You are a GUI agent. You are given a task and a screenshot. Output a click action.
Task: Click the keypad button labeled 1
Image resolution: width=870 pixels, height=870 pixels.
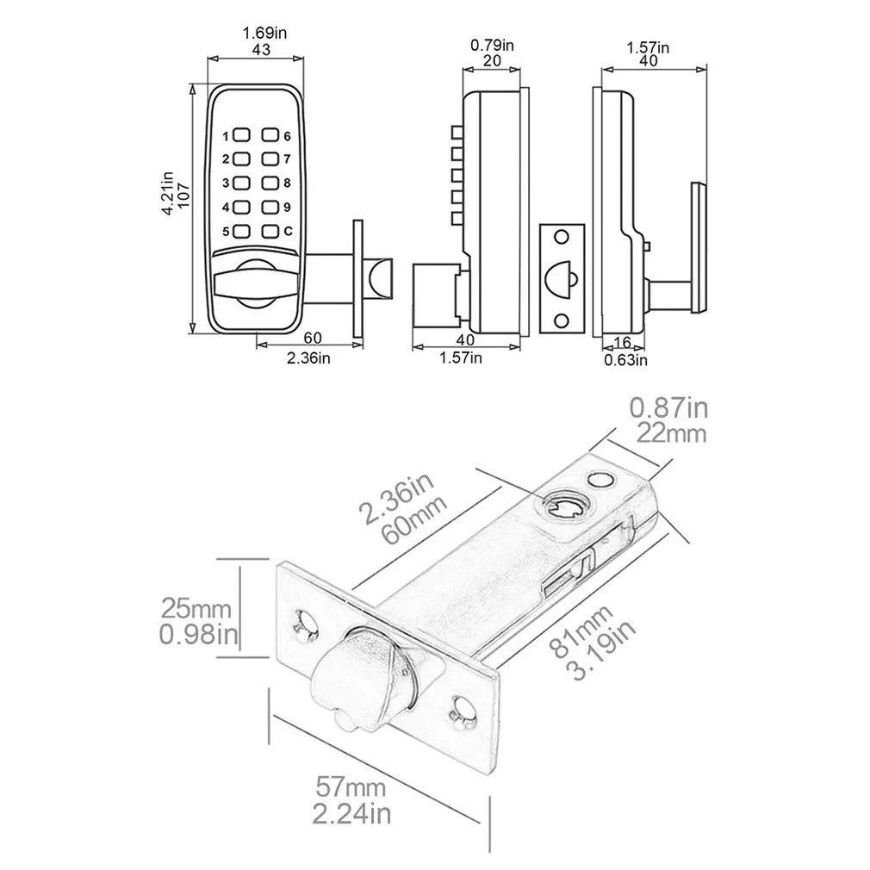click(240, 136)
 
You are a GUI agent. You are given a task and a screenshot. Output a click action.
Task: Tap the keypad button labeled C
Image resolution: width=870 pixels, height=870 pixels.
click(271, 232)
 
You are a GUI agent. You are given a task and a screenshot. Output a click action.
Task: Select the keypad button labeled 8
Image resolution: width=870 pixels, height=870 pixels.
click(271, 183)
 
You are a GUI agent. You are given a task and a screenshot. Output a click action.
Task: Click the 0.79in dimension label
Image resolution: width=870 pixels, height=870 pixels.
click(491, 45)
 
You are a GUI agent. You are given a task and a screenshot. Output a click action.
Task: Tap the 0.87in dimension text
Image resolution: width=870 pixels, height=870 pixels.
click(668, 406)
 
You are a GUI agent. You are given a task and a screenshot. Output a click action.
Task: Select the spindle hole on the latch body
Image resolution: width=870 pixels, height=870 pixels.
click(565, 507)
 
